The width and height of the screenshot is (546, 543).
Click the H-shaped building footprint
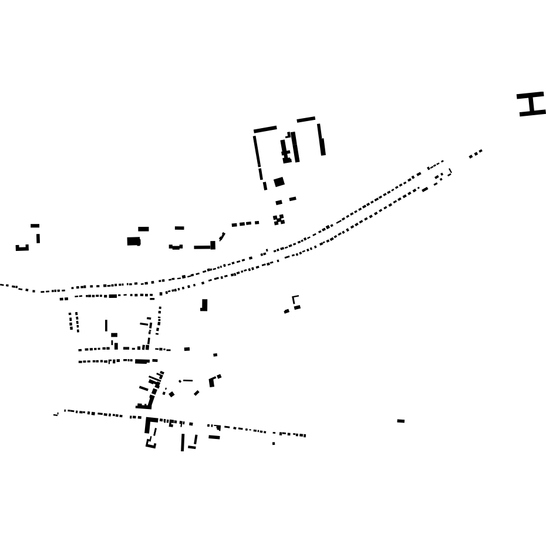[531, 104]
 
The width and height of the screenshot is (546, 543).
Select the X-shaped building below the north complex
[279, 220]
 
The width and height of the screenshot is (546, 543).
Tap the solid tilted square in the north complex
[279, 182]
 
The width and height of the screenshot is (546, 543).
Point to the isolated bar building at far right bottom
[401, 421]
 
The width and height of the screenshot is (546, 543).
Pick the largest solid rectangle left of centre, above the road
[134, 241]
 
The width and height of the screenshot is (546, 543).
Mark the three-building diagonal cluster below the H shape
[476, 153]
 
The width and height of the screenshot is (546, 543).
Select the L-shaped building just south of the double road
[204, 306]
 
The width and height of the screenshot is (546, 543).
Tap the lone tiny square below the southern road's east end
[274, 443]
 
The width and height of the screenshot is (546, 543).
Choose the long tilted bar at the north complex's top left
[265, 129]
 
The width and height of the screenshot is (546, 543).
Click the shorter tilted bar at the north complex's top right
[306, 119]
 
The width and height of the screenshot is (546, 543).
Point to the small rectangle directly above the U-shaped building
[35, 226]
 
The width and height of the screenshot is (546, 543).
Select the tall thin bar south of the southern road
[183, 442]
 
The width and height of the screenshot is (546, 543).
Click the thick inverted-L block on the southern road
[149, 424]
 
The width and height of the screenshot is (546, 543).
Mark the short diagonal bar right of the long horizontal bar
[222, 237]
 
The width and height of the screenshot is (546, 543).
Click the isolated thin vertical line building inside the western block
[106, 325]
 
